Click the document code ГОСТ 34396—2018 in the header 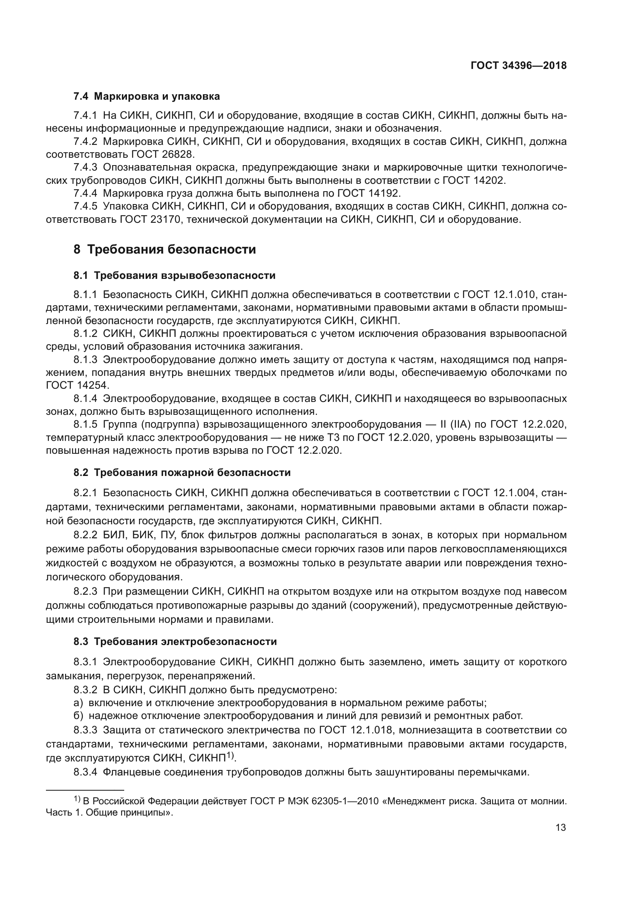[518, 65]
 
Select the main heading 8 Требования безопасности [165, 250]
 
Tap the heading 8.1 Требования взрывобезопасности [174, 275]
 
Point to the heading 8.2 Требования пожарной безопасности [182, 472]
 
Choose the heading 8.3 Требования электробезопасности [175, 641]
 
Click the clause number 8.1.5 [85, 425]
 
